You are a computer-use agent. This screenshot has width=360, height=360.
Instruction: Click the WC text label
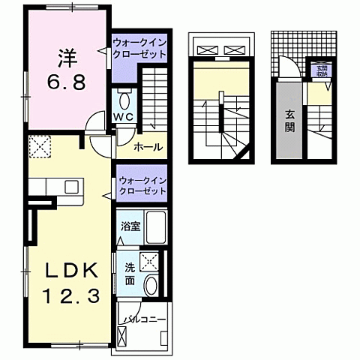point(124,117)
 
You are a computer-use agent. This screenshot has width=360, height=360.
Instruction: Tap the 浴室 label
point(130,225)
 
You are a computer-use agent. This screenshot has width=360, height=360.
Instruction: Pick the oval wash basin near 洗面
point(151,286)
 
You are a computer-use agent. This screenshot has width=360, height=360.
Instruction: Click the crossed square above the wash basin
point(150,261)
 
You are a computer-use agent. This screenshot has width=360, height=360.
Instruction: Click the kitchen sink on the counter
point(72,186)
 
